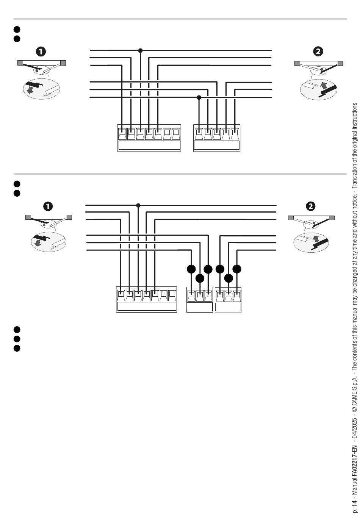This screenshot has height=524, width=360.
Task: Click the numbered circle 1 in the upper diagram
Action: (41, 52)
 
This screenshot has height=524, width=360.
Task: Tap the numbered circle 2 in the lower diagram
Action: (311, 206)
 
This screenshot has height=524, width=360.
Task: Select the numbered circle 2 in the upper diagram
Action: (318, 51)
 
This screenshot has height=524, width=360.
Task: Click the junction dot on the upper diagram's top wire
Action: (140, 50)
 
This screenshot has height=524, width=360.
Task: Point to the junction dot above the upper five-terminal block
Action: (199, 97)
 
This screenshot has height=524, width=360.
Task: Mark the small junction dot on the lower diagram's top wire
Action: (138, 205)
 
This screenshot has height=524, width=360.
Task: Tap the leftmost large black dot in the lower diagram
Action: (191, 269)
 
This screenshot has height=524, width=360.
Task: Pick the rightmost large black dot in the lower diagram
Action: (237, 269)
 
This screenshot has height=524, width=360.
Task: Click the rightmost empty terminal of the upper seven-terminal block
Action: (176, 134)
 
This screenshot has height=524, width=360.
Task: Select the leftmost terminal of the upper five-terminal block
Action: (199, 134)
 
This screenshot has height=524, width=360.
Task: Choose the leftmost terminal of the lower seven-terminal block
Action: (121, 296)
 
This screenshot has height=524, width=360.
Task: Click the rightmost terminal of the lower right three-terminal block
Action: (237, 296)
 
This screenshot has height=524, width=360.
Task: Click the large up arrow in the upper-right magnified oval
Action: (324, 85)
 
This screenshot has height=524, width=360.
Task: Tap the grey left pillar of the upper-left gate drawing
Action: (20, 63)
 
